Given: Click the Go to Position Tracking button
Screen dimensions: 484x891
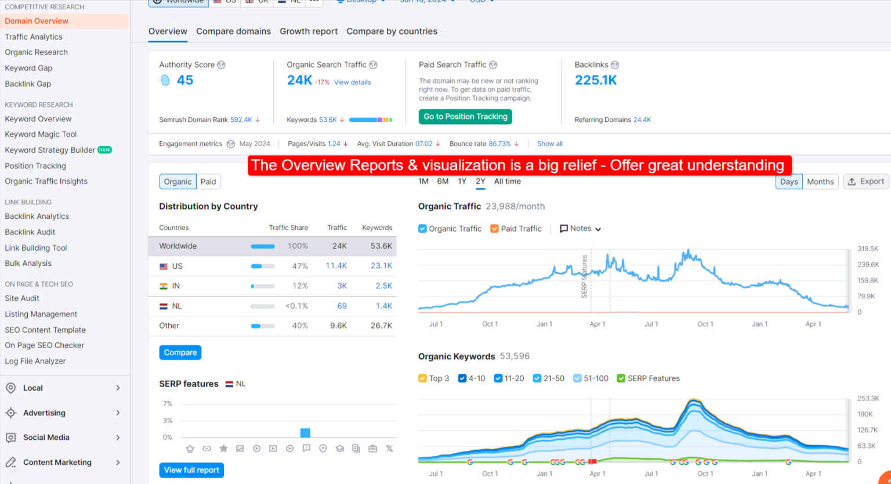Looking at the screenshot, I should [465, 117].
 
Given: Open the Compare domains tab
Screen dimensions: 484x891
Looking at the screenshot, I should [233, 31].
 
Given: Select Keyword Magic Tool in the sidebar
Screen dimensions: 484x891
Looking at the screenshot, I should [41, 134].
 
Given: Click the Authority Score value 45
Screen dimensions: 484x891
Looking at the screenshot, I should [185, 80].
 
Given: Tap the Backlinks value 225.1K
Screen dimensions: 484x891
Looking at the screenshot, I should [596, 80].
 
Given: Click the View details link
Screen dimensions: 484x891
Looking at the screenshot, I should [352, 82].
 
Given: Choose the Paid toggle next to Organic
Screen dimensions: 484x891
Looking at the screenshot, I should [208, 182].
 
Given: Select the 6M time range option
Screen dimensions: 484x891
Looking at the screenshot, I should [443, 182].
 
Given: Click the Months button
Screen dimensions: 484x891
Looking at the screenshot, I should [820, 182].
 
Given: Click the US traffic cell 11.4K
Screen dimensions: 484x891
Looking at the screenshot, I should [336, 266].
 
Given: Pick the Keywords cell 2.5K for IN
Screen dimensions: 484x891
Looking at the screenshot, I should [383, 286].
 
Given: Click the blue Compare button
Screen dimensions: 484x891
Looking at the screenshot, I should [180, 352].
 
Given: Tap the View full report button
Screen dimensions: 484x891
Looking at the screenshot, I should [191, 470].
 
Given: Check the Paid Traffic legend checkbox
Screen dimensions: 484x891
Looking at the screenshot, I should [495, 229].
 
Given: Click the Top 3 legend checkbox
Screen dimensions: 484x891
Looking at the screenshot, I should [422, 378].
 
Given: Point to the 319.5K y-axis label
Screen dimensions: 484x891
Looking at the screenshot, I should [867, 249].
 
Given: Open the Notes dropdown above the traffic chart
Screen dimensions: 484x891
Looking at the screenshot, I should [580, 229].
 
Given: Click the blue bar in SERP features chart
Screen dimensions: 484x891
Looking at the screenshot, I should [305, 433].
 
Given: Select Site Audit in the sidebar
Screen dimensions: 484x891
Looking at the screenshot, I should [22, 298].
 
